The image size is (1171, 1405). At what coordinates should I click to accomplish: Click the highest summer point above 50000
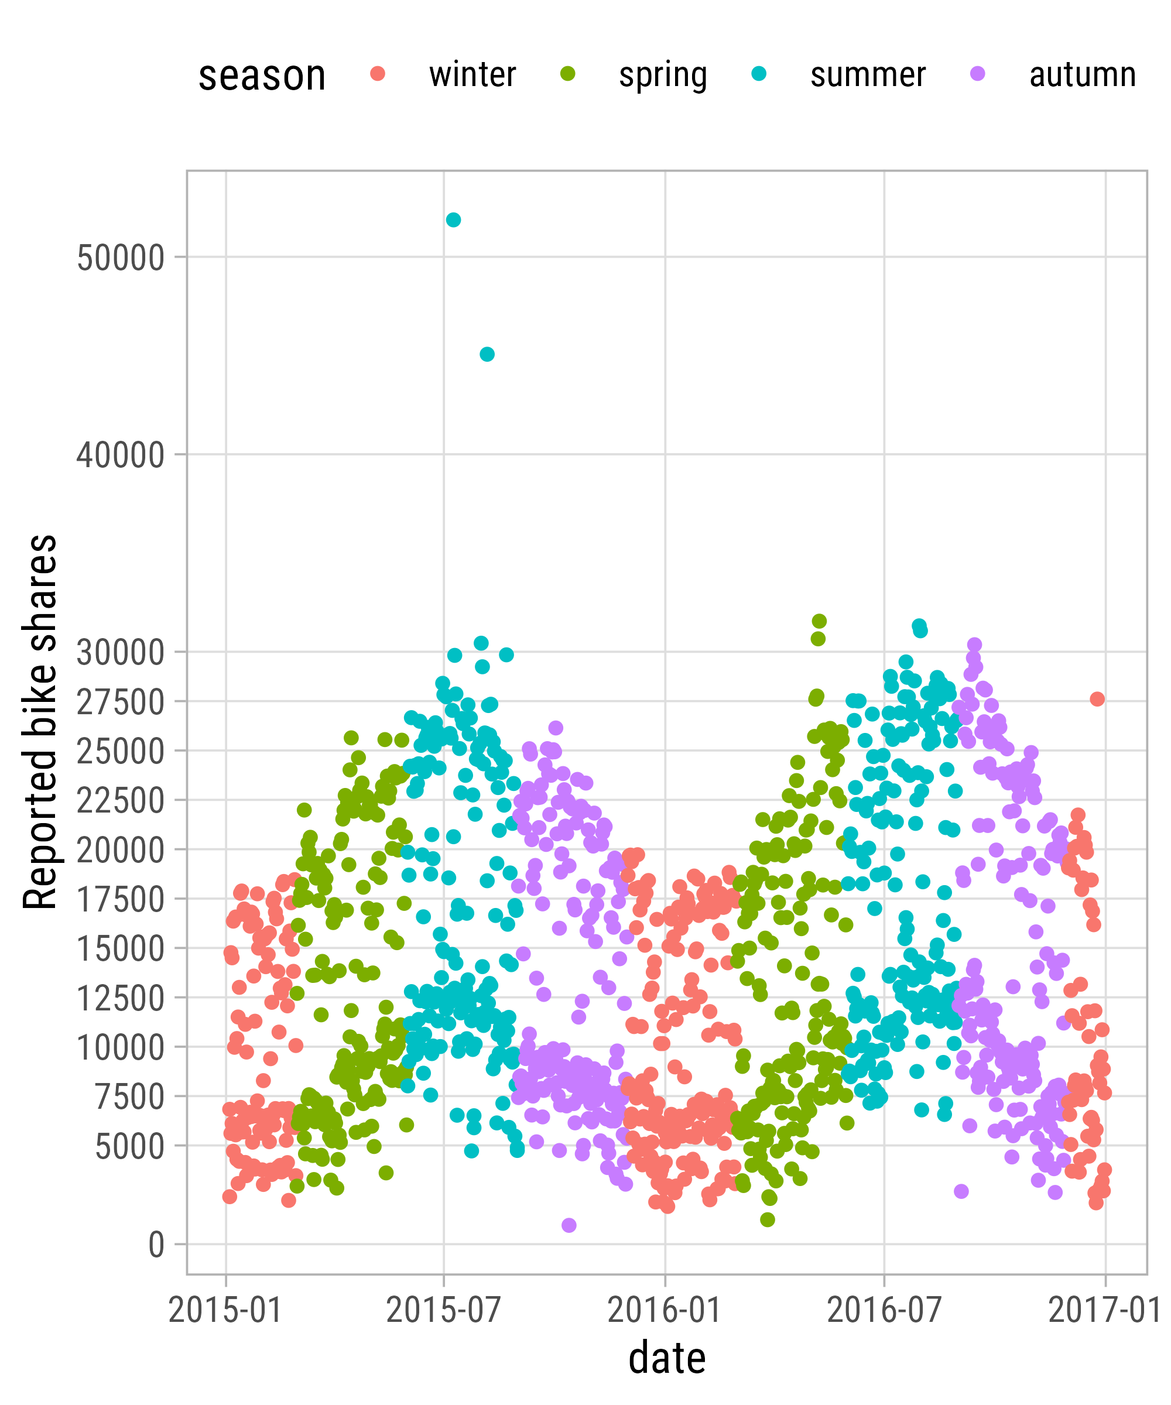click(x=453, y=220)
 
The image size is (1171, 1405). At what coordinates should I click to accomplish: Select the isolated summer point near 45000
click(x=487, y=354)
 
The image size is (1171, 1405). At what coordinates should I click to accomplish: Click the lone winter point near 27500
click(x=1097, y=698)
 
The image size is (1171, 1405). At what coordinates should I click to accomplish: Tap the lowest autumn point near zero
click(x=569, y=1225)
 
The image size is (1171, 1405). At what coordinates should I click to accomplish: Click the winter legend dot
click(x=378, y=74)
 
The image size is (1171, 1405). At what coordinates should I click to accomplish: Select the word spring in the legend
click(x=662, y=75)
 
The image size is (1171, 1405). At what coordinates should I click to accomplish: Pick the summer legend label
click(x=868, y=75)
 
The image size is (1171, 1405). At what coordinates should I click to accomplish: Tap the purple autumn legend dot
click(x=978, y=74)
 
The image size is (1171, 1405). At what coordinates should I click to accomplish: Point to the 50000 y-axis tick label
click(x=121, y=258)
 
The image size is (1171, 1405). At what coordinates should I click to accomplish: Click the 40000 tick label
click(x=121, y=455)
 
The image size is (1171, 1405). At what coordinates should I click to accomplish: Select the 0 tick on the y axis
click(x=156, y=1245)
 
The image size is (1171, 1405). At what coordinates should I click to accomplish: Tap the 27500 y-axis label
click(x=121, y=702)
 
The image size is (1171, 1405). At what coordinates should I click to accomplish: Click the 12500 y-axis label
click(x=121, y=998)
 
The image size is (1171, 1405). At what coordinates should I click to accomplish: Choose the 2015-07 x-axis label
click(x=443, y=1310)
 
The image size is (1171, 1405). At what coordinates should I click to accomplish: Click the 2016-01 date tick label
click(x=665, y=1310)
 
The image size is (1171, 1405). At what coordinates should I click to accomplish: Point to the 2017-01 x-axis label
click(x=1104, y=1310)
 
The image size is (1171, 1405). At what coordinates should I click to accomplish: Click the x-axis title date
click(x=667, y=1358)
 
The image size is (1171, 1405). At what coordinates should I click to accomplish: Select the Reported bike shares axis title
click(x=40, y=722)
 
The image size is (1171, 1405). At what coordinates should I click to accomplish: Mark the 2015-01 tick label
click(x=225, y=1310)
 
